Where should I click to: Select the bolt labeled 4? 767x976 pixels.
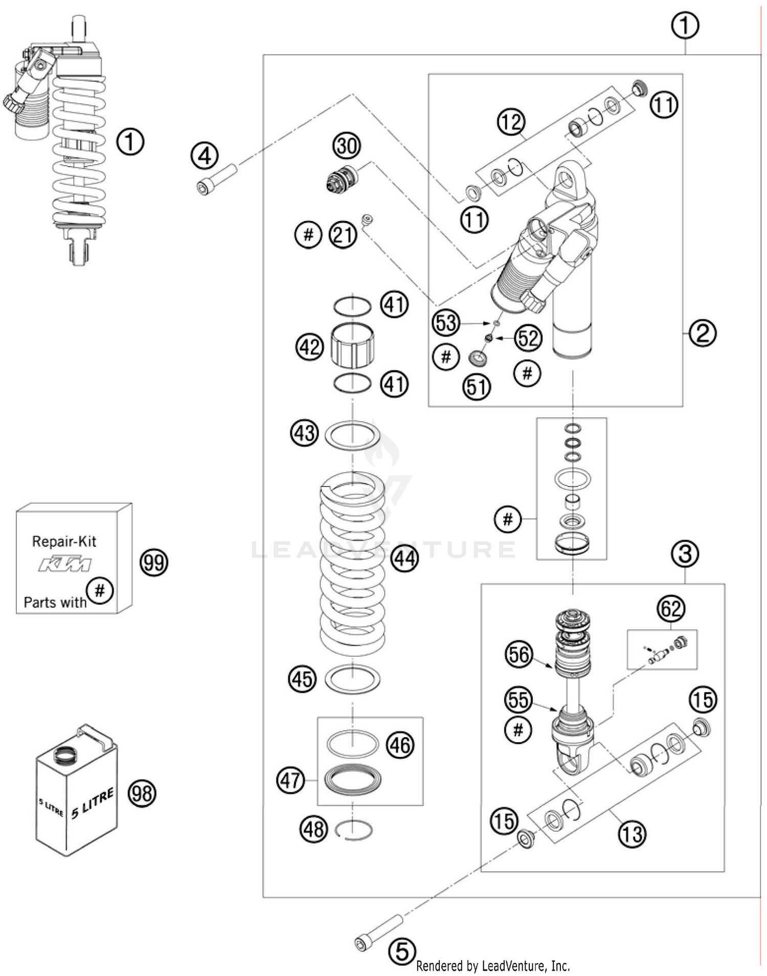click(216, 179)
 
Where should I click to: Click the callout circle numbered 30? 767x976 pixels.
click(347, 146)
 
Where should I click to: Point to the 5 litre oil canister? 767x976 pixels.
click(77, 790)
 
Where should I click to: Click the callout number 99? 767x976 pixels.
click(153, 563)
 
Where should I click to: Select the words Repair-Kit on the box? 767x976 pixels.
click(64, 541)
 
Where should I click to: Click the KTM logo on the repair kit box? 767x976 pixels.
click(65, 565)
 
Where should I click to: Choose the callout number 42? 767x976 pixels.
click(310, 347)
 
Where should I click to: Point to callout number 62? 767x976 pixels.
click(671, 609)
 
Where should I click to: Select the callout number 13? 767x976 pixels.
click(632, 834)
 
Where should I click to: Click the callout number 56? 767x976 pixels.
click(519, 654)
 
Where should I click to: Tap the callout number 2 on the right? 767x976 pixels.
click(703, 333)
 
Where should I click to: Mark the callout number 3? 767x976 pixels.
click(685, 553)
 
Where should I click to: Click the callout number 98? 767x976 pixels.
click(142, 793)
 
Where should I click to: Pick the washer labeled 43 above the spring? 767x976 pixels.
click(352, 435)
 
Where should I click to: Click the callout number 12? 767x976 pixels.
click(511, 122)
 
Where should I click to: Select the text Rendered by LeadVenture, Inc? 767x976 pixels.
click(492, 966)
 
